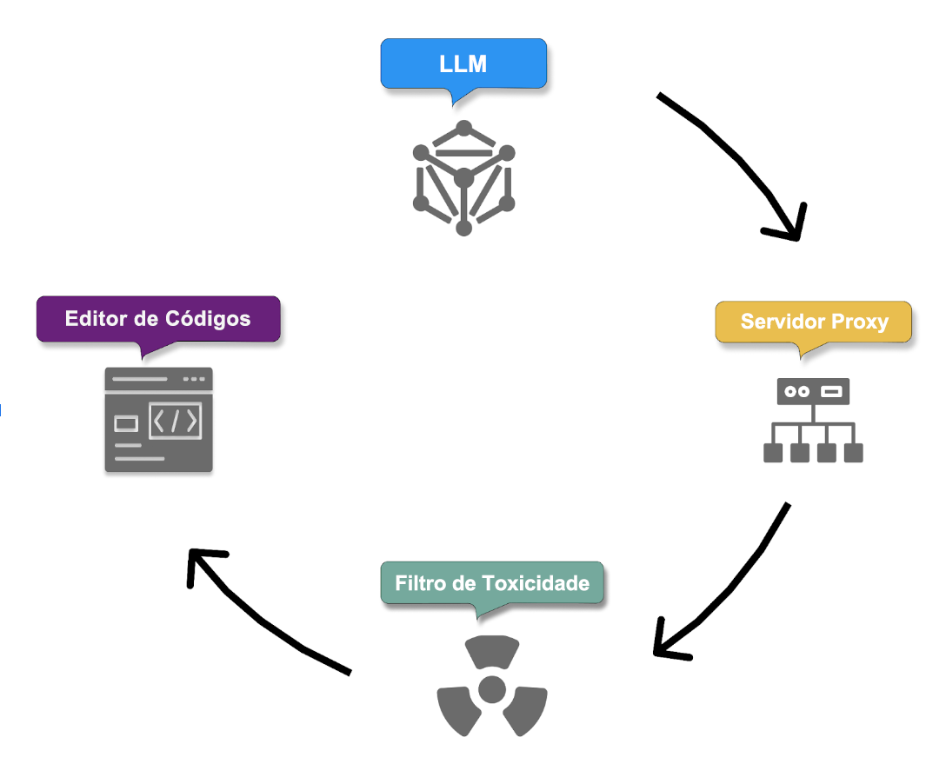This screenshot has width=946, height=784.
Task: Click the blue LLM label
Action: point(463,64)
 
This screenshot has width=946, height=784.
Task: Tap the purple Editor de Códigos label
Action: point(157,318)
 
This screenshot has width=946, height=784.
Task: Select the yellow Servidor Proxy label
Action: point(814,322)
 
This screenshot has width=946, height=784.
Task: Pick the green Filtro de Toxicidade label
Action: point(491,582)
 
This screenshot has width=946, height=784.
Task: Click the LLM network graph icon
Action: point(463,178)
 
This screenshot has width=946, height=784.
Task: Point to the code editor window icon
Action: point(158,420)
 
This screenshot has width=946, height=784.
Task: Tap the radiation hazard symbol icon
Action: point(492,687)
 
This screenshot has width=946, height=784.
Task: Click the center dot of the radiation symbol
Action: point(492,688)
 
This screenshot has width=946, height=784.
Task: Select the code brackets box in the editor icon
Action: point(176,421)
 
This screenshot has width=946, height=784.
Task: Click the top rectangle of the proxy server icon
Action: point(813,391)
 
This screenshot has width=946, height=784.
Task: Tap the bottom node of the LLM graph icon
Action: point(463,228)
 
